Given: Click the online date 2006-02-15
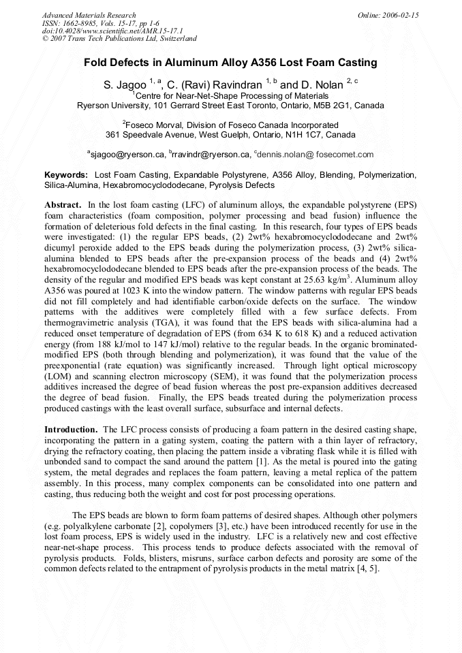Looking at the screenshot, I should [x=400, y=15].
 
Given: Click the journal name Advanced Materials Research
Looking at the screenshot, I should [x=89, y=15].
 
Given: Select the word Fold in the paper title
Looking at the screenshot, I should [x=96, y=63].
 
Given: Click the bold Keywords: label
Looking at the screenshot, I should [x=66, y=176].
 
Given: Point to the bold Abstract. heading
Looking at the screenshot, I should [x=63, y=205].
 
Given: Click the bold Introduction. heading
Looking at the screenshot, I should [x=72, y=430].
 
